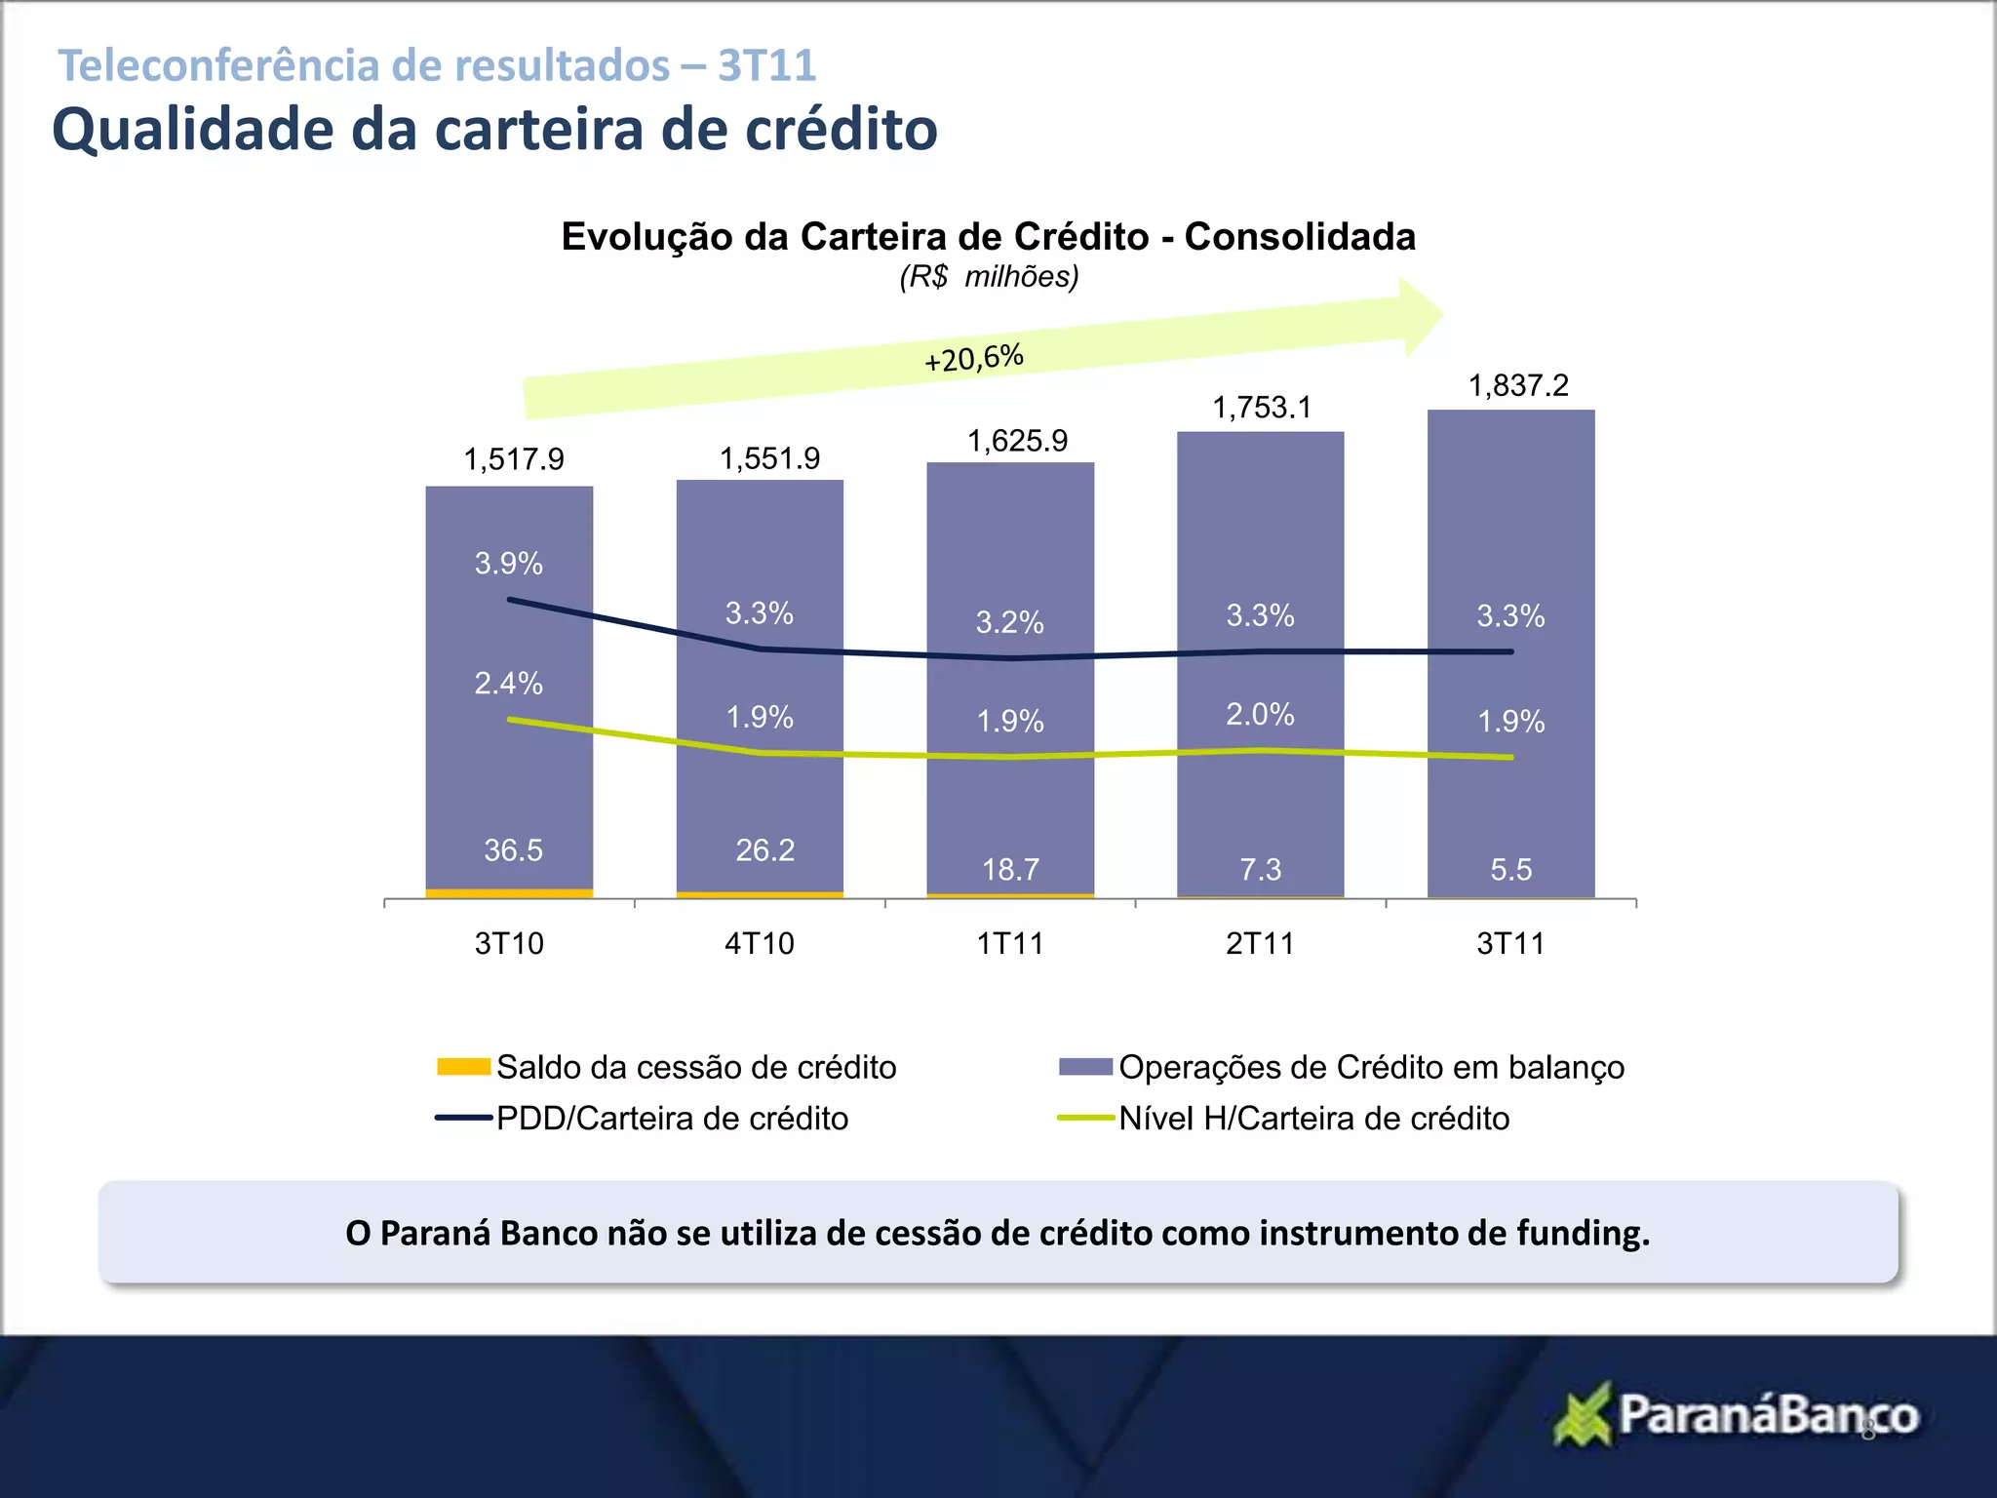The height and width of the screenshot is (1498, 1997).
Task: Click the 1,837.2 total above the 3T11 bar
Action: (1518, 386)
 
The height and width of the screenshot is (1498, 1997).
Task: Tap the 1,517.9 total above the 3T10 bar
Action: (514, 459)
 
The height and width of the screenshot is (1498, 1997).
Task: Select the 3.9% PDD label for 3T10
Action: (508, 564)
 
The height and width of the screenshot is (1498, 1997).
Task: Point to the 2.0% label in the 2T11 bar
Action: (1260, 715)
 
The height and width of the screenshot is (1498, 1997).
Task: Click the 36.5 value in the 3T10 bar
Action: (513, 850)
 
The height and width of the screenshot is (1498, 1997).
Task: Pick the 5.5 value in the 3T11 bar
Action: (1510, 870)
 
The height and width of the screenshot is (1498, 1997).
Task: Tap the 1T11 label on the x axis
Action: (1010, 944)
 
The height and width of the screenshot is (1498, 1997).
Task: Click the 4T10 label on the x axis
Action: (760, 944)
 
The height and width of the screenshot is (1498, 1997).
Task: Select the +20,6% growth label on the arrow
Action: (974, 358)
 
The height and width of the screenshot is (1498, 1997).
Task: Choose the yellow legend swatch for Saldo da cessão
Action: (463, 1067)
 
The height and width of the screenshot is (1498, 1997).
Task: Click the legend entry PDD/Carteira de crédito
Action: (672, 1119)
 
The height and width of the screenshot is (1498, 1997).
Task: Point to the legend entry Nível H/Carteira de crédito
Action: (1313, 1119)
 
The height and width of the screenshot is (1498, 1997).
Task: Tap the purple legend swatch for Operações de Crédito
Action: (1085, 1067)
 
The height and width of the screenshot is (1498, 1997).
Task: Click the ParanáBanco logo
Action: (1736, 1415)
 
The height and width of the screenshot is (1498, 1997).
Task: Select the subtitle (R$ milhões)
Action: (989, 278)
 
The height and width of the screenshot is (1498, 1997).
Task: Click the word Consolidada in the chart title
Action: (1300, 237)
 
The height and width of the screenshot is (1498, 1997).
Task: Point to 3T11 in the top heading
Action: (767, 66)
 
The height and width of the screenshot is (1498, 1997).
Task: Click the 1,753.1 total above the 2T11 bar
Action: (1262, 408)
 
